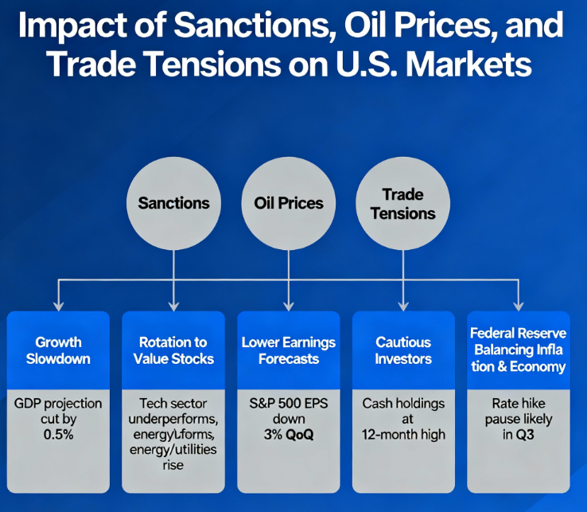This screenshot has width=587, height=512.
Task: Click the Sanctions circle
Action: pyautogui.click(x=173, y=203)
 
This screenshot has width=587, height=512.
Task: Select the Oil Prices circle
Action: pyautogui.click(x=289, y=203)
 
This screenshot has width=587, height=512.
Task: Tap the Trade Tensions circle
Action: pyautogui.click(x=402, y=203)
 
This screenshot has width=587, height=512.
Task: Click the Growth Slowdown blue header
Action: pyautogui.click(x=58, y=350)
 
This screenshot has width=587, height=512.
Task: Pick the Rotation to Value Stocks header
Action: pyautogui.click(x=173, y=350)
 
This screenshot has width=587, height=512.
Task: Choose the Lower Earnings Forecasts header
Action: pyautogui.click(x=289, y=350)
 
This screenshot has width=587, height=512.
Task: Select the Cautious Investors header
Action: pyautogui.click(x=403, y=350)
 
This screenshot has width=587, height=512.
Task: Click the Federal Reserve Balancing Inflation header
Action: pyautogui.click(x=518, y=350)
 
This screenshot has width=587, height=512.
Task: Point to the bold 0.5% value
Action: pyautogui.click(x=58, y=434)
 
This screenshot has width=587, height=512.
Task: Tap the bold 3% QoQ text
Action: pyautogui.click(x=289, y=434)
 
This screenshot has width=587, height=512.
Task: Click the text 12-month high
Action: pyautogui.click(x=403, y=434)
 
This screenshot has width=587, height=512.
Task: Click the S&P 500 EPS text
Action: pyautogui.click(x=289, y=404)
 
